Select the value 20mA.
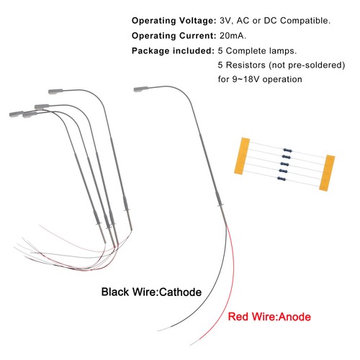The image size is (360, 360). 233,36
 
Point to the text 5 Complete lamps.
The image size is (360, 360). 257,51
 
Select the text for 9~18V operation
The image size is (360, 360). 260,79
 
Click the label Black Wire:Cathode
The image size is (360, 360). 151,292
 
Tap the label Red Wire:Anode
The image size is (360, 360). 269,317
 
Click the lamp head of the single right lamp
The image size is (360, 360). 140,89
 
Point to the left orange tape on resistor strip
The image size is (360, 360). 242,156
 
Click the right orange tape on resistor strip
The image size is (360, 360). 327,173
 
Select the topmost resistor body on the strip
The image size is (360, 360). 287,150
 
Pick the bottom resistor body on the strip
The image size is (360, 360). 282,179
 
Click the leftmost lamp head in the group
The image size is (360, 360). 17,114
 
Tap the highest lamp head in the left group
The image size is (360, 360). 55,91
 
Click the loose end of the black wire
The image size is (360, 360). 158,331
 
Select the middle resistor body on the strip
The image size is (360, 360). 285,164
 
